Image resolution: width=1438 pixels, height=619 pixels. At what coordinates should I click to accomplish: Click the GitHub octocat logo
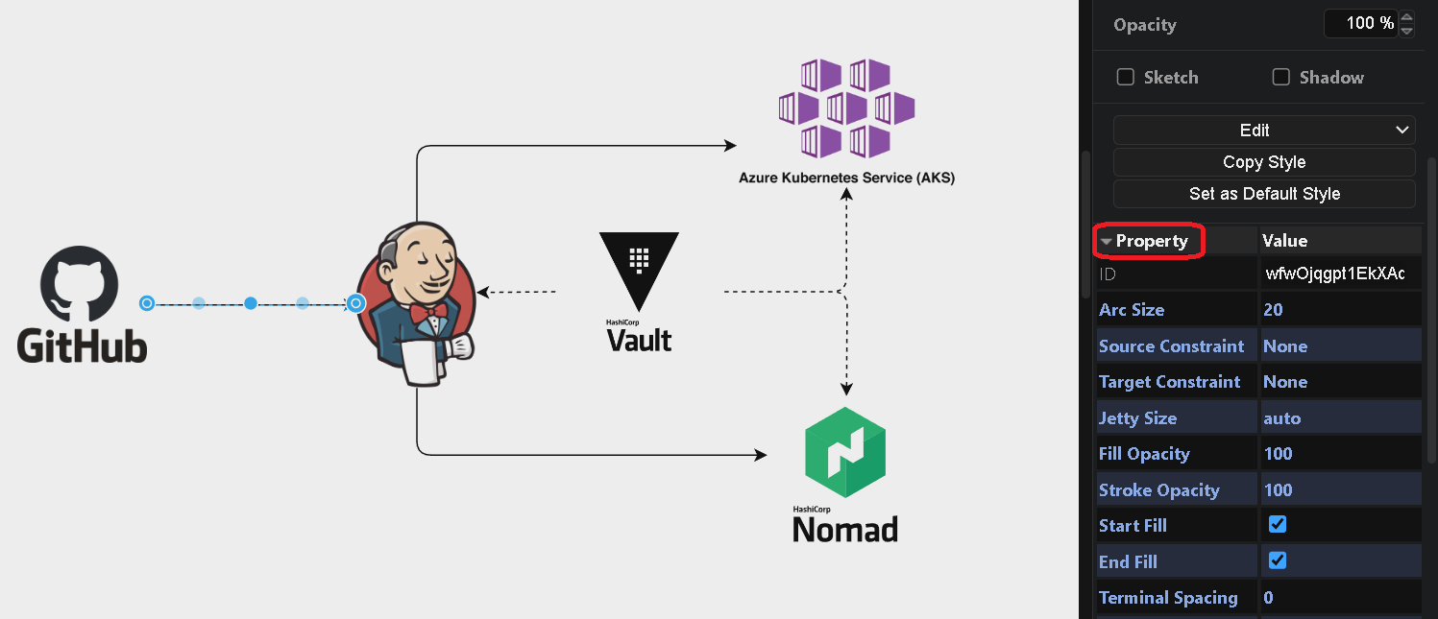79,284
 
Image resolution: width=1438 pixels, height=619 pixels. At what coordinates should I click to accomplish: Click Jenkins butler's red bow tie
427,312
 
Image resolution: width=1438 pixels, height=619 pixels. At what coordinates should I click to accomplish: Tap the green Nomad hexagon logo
844,451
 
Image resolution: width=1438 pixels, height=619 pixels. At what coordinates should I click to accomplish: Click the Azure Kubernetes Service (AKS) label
846,178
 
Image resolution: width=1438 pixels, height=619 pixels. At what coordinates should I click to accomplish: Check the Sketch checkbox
1126,78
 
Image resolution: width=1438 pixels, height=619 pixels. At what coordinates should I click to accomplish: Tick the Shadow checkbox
1281,78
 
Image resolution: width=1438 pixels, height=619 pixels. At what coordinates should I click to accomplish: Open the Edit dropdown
1264,131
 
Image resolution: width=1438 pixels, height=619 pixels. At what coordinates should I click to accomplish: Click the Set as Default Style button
1264,194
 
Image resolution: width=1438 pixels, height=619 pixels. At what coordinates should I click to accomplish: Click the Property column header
1151,241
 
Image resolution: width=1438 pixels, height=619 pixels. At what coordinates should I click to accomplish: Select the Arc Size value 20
1274,310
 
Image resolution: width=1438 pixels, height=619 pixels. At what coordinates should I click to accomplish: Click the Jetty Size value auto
1282,418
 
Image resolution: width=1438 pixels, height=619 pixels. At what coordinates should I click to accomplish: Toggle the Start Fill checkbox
1278,525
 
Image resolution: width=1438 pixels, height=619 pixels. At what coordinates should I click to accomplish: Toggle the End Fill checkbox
1278,560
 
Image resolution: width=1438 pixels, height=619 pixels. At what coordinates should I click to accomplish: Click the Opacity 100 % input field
1359,24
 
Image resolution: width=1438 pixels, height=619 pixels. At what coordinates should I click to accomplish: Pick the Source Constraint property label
1171,346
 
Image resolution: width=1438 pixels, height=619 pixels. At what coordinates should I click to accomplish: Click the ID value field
1335,274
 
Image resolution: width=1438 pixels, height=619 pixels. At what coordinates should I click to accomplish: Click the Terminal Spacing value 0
1269,598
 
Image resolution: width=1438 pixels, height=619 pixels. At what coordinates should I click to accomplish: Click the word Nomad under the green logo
845,529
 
